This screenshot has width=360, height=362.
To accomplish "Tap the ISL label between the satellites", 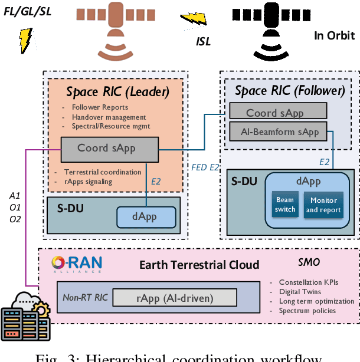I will coord(204,42).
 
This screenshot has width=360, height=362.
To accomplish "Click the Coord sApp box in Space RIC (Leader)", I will coord(109,149).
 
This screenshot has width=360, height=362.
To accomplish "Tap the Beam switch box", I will coord(285,204).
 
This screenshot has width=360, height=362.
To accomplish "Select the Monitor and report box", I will coord(323,204).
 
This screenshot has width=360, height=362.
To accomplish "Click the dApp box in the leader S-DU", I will coord(144,216).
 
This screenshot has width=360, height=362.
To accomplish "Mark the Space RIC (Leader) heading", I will coord(117,92).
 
